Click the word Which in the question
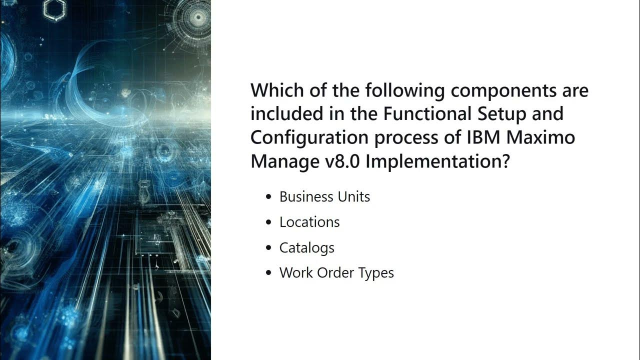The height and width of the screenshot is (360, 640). pos(276,90)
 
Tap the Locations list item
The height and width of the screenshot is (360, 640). pos(309,222)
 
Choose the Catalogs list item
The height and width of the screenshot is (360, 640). pos(307,248)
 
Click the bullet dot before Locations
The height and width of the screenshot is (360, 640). pos(269,222)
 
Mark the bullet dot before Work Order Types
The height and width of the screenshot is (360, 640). pos(269,273)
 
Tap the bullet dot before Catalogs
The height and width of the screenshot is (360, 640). pos(269,248)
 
